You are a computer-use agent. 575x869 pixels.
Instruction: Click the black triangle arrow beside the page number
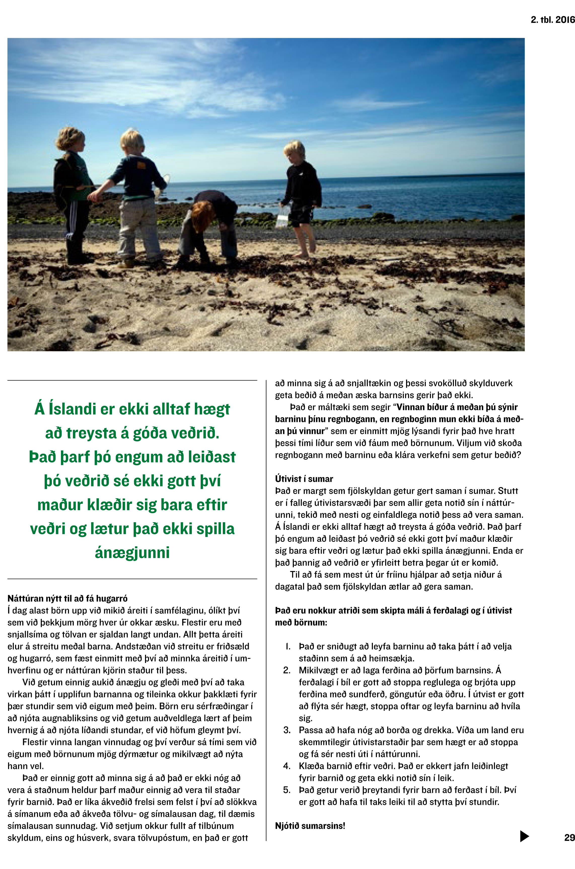point(524,836)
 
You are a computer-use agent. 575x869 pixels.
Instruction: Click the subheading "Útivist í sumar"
point(304,479)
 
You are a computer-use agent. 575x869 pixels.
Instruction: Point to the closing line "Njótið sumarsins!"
point(310,826)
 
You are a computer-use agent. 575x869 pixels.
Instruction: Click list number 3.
point(287,730)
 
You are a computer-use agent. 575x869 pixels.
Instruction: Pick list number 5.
point(287,790)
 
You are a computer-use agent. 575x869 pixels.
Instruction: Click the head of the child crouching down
point(201,211)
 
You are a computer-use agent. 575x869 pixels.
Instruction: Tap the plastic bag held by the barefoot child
point(283,216)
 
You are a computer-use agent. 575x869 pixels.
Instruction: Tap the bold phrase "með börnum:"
point(301,622)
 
